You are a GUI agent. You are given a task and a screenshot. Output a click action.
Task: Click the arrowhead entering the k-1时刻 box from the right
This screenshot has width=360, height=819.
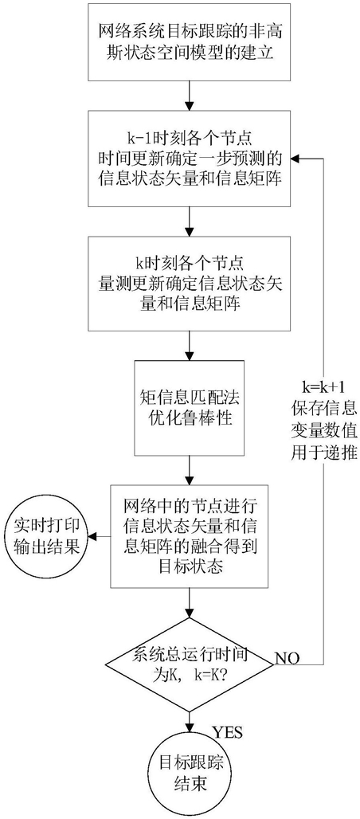[295, 157]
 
